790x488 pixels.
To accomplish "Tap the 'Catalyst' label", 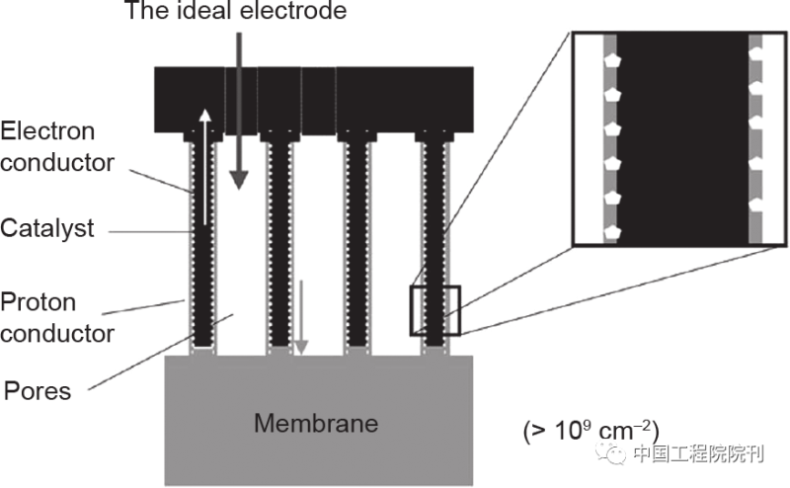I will pyautogui.click(x=46, y=229).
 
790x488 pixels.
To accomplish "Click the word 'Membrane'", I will pyautogui.click(x=316, y=424).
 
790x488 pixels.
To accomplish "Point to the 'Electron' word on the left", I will pyautogui.click(x=47, y=130).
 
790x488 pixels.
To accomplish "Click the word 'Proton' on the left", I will pyautogui.click(x=38, y=302).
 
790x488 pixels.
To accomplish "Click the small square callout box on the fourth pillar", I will pyautogui.click(x=435, y=311).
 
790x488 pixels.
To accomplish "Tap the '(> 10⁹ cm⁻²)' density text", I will pyautogui.click(x=590, y=431).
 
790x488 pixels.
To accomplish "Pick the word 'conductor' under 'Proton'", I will pyautogui.click(x=57, y=333).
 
